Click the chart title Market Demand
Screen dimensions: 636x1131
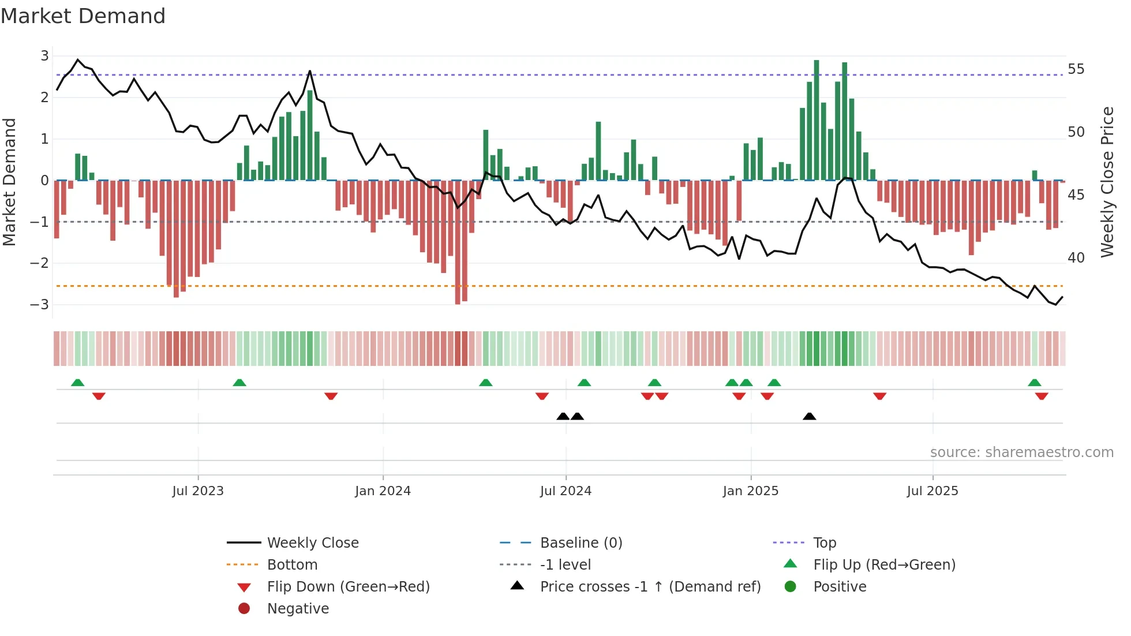tap(83, 16)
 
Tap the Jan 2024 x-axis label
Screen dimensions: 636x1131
tap(383, 491)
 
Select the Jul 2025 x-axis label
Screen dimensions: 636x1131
tap(932, 491)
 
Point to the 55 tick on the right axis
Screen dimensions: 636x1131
tap(1076, 69)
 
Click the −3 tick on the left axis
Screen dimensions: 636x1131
tap(40, 304)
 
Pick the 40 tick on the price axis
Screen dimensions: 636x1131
tap(1076, 258)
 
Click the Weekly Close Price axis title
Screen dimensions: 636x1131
tap(1107, 182)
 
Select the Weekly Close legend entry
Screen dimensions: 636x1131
tap(312, 543)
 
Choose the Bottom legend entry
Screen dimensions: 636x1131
tap(292, 565)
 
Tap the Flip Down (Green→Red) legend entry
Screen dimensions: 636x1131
tap(348, 587)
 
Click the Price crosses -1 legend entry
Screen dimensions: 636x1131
tap(650, 587)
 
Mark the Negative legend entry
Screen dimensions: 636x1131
tap(298, 609)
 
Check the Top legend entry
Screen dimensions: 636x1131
tap(824, 543)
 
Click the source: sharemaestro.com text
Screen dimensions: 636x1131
tap(1021, 452)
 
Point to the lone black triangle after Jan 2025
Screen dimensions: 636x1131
tap(809, 417)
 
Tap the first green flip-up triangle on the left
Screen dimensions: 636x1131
tap(77, 383)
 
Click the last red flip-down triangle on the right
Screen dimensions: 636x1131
tap(1041, 396)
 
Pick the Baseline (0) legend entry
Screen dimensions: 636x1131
tap(581, 543)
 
